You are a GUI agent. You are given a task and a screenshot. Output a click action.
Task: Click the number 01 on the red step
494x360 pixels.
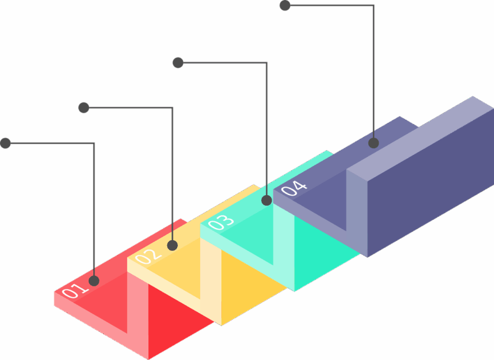(75, 290)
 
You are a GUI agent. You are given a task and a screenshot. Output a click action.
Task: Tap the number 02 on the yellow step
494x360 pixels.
(148, 256)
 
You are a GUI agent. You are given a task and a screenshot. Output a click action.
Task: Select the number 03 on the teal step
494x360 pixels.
(221, 222)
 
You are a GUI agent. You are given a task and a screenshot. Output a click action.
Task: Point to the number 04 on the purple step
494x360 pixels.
(294, 188)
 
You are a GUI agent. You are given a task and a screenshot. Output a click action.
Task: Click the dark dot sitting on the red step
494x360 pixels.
(94, 280)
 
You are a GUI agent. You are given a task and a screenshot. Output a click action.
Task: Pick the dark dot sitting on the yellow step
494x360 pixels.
(172, 245)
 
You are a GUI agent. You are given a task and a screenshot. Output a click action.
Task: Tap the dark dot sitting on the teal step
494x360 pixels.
(267, 200)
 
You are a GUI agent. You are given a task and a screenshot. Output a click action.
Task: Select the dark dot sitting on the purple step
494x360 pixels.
(374, 143)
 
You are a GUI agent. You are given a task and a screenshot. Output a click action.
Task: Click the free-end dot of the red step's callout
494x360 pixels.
(6, 143)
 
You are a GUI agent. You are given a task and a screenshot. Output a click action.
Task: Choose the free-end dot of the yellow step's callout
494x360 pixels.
(83, 107)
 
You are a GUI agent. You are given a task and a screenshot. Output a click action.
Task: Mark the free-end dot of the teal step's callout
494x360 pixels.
(178, 63)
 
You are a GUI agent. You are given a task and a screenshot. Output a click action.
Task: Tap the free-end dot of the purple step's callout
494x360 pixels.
(285, 6)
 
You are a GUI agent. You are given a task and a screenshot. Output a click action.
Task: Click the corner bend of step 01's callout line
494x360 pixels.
(94, 143)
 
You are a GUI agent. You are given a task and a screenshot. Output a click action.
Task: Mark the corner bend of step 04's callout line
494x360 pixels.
(374, 6)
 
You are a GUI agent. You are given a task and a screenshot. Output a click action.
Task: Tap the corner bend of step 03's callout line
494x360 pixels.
(267, 63)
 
